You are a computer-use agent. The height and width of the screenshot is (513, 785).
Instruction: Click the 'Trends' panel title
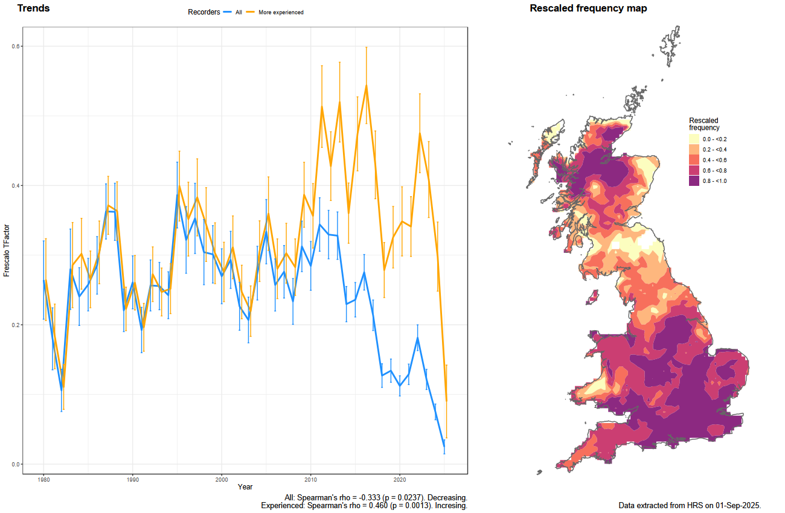(x=33, y=8)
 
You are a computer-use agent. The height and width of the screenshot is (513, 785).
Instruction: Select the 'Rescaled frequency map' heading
(x=588, y=8)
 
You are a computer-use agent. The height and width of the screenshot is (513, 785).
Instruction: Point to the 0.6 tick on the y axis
(x=16, y=46)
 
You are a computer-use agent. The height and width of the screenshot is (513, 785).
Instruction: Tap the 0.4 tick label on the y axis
(x=16, y=186)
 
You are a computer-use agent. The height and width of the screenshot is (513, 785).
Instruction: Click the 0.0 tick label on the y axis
(x=16, y=464)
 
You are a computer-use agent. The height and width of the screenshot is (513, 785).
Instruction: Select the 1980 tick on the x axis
(x=43, y=479)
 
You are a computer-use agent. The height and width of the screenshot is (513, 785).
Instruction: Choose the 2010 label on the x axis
(x=310, y=479)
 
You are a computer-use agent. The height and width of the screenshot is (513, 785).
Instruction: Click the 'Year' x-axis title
(x=245, y=486)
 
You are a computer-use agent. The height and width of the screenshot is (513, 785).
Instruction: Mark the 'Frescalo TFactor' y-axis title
(x=7, y=250)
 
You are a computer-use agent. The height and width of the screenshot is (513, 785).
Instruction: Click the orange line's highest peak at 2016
(x=366, y=85)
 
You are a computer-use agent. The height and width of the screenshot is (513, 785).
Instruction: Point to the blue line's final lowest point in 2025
(x=444, y=447)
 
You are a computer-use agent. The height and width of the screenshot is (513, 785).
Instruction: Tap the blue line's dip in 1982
(x=62, y=390)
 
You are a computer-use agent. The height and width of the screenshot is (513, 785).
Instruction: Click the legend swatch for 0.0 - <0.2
(x=694, y=139)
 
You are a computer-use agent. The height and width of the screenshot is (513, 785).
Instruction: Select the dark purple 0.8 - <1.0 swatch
(x=694, y=180)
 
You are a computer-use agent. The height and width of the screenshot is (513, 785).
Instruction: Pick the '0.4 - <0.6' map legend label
(x=714, y=160)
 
